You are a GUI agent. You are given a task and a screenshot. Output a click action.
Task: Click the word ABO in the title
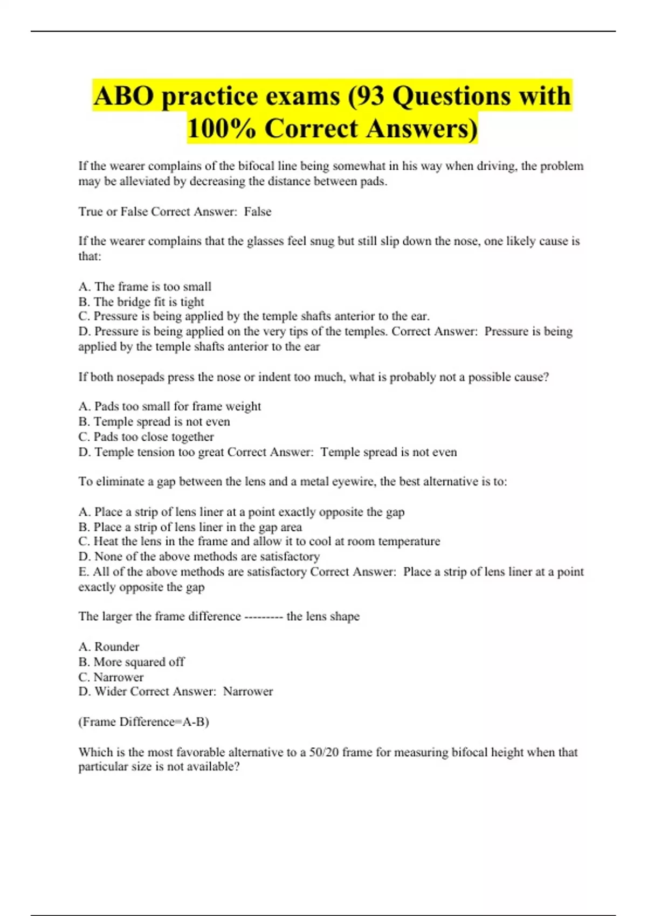tap(123, 96)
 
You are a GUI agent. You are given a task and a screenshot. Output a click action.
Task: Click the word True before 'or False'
tap(91, 212)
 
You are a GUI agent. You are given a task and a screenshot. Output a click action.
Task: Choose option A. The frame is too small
tap(144, 287)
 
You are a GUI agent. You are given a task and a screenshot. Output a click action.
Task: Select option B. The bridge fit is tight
tap(141, 302)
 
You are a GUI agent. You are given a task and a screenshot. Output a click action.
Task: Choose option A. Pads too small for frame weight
tap(169, 406)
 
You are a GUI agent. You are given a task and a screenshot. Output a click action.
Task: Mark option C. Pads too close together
tap(146, 436)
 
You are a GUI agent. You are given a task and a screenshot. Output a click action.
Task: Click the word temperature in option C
tap(409, 542)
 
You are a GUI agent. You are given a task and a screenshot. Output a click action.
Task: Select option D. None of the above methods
tap(198, 557)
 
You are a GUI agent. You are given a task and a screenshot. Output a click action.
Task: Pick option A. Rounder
tap(108, 647)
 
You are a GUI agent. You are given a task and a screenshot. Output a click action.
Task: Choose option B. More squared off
tap(131, 662)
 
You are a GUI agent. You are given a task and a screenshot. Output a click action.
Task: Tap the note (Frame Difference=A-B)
tap(143, 722)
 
